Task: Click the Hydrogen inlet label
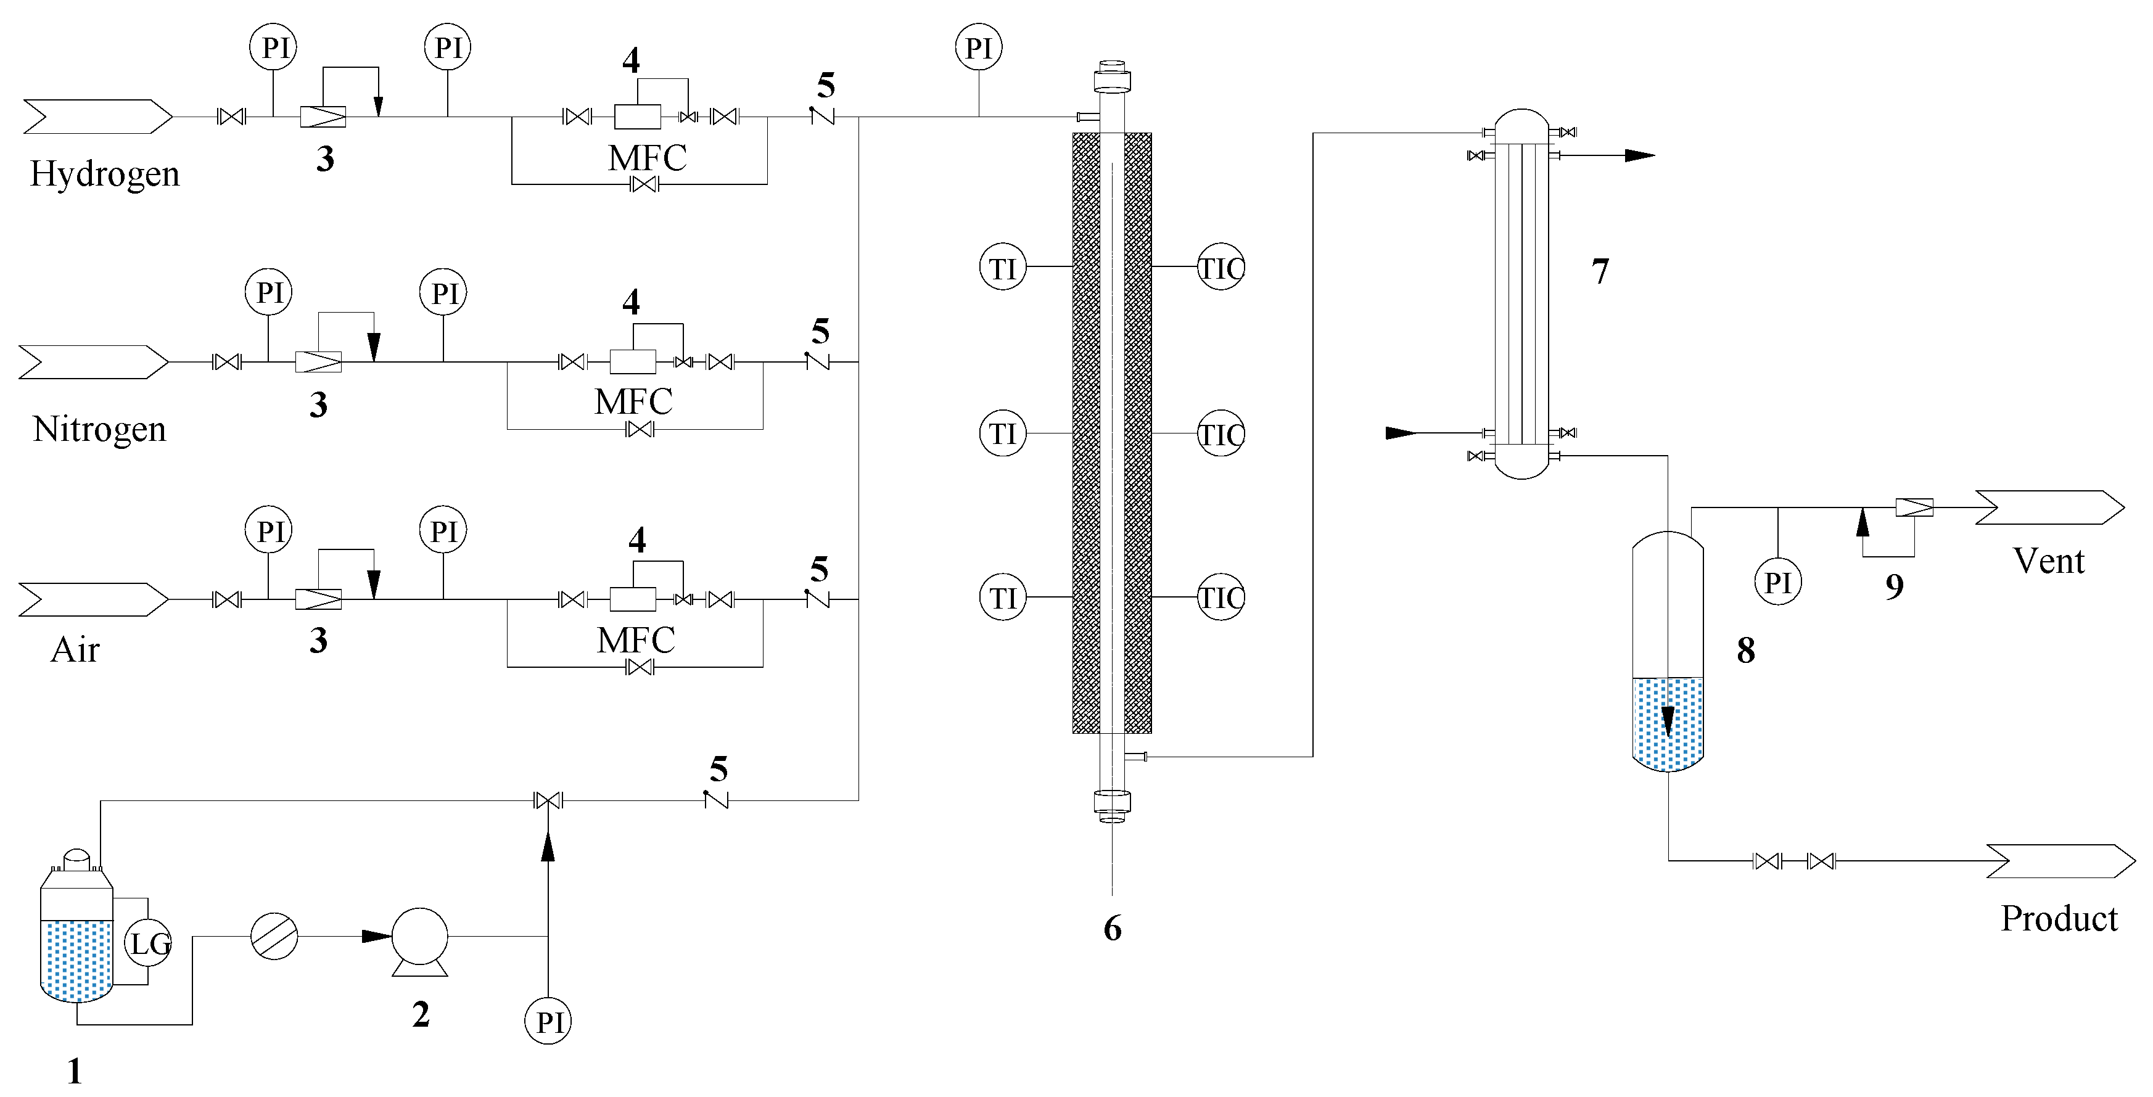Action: [x=104, y=174]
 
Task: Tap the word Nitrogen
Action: [x=99, y=429]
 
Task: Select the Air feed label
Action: [x=75, y=650]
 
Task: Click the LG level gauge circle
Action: [x=149, y=943]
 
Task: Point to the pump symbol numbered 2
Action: [x=419, y=937]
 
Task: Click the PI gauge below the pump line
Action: [x=548, y=1021]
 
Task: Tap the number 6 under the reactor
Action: [x=1113, y=928]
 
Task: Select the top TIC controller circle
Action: [x=1221, y=268]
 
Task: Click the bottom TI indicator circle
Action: [x=1003, y=598]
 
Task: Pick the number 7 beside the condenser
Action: [x=1600, y=271]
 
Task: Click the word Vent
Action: [x=2049, y=561]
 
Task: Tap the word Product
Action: [x=2059, y=918]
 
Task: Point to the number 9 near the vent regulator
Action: [x=1894, y=586]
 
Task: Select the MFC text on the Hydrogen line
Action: [x=647, y=158]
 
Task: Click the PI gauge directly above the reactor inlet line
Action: [x=979, y=47]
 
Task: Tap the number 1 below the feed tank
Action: [x=75, y=1071]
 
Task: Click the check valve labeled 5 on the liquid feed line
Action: [x=716, y=800]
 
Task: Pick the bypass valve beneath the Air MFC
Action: [x=640, y=667]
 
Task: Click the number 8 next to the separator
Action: [x=1745, y=650]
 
